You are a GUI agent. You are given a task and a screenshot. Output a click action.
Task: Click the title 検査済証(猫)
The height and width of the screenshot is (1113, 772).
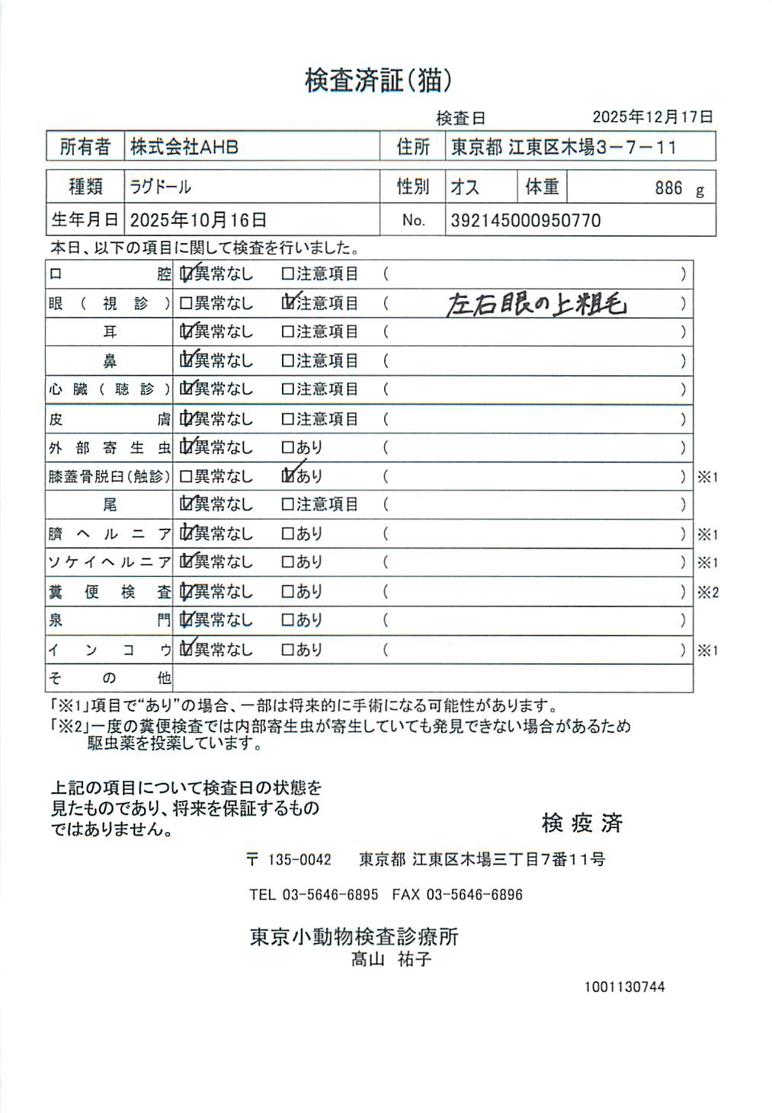pyautogui.click(x=379, y=80)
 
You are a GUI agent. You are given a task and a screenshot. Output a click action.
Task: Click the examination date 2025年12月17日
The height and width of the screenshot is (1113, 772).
pyautogui.click(x=652, y=117)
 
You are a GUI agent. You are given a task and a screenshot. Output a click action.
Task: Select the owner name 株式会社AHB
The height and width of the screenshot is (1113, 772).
pyautogui.click(x=184, y=147)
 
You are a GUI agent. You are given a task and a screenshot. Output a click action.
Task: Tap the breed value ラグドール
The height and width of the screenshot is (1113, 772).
pyautogui.click(x=161, y=187)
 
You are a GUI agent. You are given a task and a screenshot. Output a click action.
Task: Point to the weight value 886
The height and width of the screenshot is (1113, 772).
pyautogui.click(x=668, y=188)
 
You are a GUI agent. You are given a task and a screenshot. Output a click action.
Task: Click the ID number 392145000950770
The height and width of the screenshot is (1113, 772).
pyautogui.click(x=526, y=221)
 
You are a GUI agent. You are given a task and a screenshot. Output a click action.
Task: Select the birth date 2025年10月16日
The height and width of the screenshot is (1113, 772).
pyautogui.click(x=198, y=220)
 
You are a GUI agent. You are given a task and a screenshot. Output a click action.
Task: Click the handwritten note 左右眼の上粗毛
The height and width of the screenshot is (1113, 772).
pyautogui.click(x=536, y=304)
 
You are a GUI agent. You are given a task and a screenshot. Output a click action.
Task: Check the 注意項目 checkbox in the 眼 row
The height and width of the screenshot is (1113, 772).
pyautogui.click(x=288, y=303)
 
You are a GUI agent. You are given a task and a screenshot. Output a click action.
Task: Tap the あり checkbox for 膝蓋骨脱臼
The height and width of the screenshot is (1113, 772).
pyautogui.click(x=288, y=476)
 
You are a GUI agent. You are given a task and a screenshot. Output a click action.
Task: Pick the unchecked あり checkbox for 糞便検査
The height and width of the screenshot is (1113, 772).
pyautogui.click(x=288, y=591)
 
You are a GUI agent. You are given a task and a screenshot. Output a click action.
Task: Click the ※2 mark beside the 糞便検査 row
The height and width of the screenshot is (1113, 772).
pyautogui.click(x=708, y=592)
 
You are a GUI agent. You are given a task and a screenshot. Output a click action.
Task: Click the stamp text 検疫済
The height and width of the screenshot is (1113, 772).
pyautogui.click(x=582, y=823)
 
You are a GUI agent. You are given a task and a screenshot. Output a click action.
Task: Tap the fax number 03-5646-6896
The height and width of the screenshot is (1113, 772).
pyautogui.click(x=474, y=894)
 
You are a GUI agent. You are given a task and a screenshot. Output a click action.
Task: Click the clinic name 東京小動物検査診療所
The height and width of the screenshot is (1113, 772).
pyautogui.click(x=354, y=936)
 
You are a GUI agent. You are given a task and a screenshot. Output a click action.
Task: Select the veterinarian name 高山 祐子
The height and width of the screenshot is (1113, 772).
pyautogui.click(x=392, y=959)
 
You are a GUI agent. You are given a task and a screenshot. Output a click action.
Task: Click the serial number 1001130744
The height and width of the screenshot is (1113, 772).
pyautogui.click(x=624, y=987)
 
